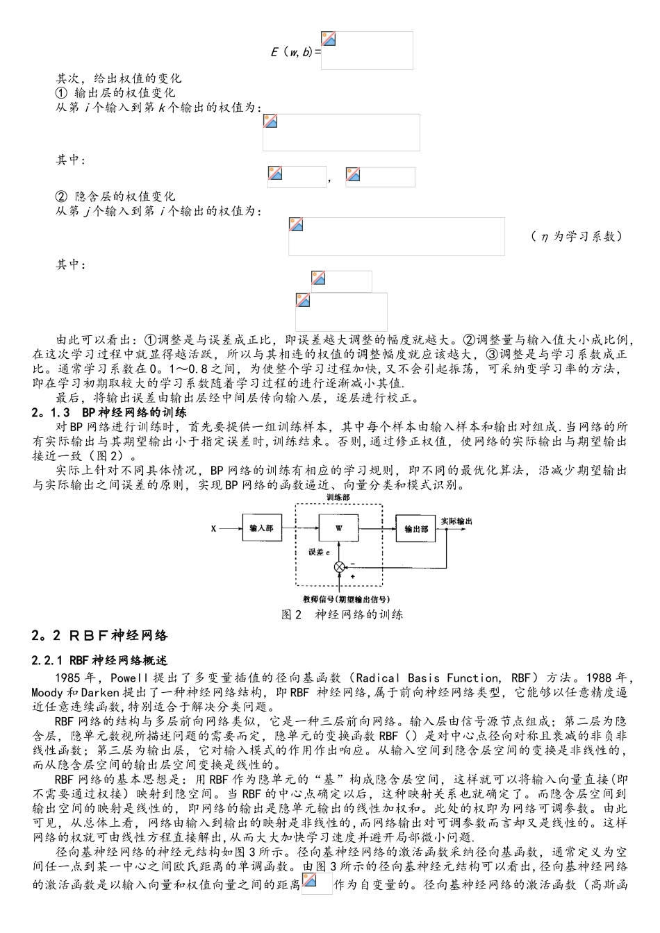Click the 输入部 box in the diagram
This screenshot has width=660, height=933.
coord(261,528)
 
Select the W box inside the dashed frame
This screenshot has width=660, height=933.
coord(339,528)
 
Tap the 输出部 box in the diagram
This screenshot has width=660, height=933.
coord(416,528)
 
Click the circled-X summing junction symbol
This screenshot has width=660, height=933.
coord(339,567)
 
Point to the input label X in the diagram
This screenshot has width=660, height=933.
coord(213,528)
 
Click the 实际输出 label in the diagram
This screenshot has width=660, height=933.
coord(456,521)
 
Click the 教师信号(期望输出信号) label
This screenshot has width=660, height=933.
coord(346,598)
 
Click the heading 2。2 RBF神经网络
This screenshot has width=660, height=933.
coord(100,636)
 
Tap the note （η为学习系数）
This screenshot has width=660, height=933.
coord(576,237)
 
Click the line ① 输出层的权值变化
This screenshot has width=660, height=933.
coord(115,93)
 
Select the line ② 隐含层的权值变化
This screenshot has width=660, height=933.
coord(115,196)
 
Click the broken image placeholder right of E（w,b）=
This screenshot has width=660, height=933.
coord(367,50)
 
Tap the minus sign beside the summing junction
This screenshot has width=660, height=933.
coord(352,563)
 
